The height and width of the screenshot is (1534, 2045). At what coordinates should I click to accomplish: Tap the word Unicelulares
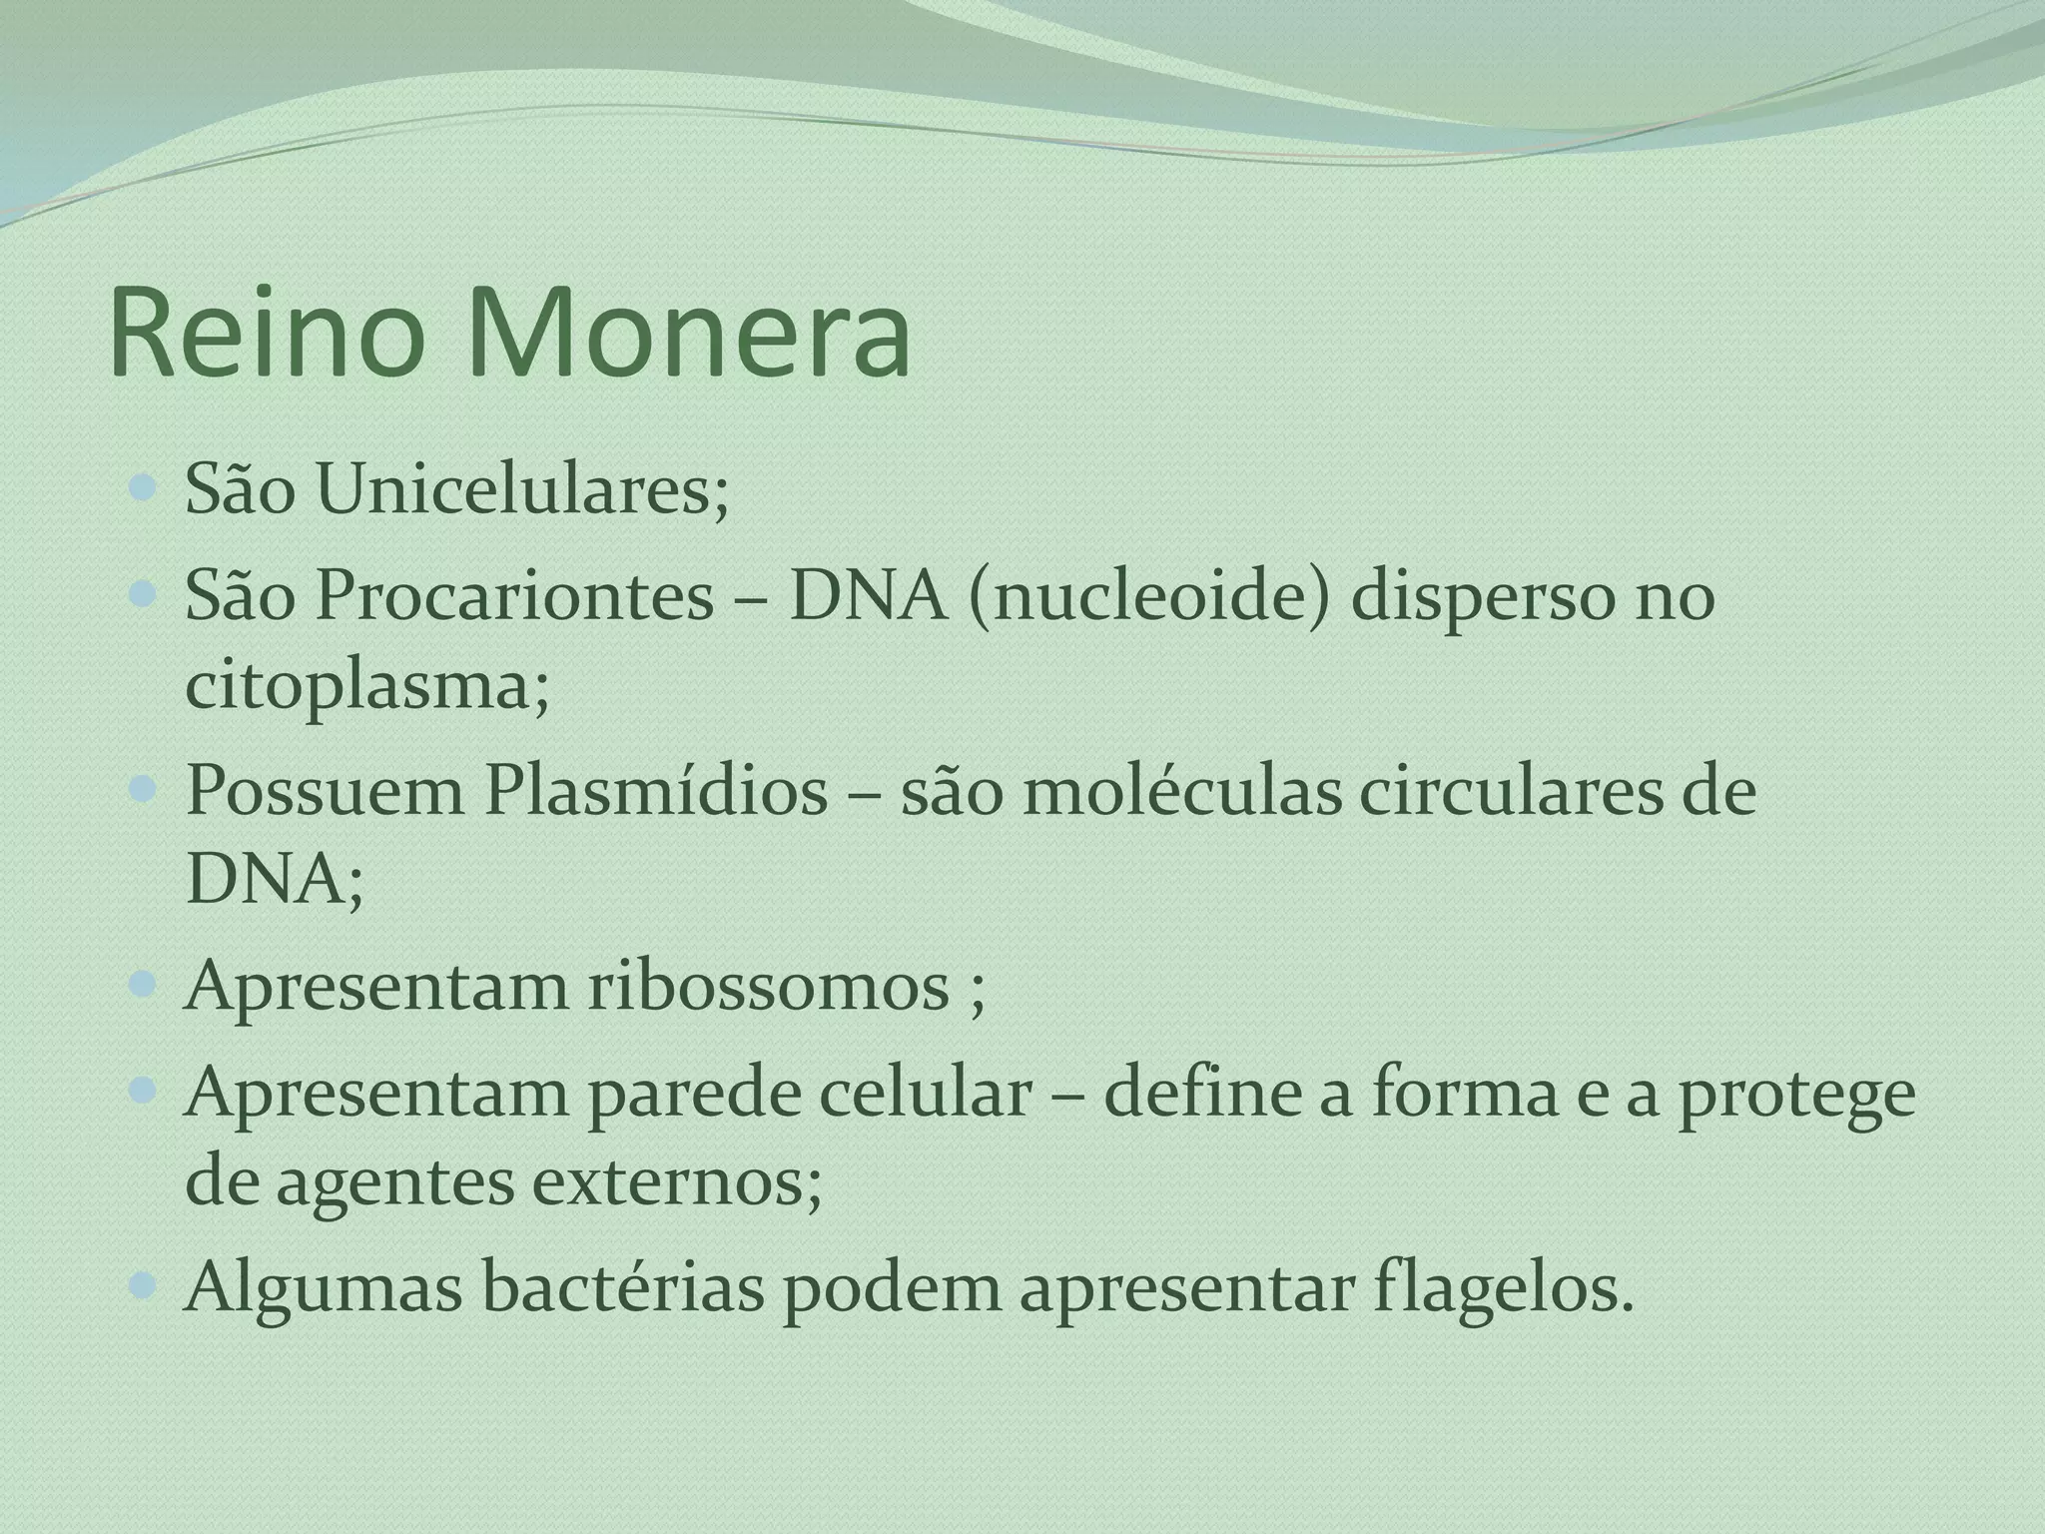pos(519,490)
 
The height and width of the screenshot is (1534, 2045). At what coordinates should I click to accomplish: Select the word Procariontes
pos(515,598)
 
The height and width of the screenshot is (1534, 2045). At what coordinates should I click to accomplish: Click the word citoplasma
pos(365,686)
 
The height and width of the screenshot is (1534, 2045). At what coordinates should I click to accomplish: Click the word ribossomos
pos(768,988)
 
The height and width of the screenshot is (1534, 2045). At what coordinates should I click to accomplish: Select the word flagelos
pos(1502,1289)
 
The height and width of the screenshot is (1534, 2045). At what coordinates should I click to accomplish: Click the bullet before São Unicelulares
pos(144,489)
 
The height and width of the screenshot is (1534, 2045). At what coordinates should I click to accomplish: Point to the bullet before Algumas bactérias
pos(144,1286)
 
